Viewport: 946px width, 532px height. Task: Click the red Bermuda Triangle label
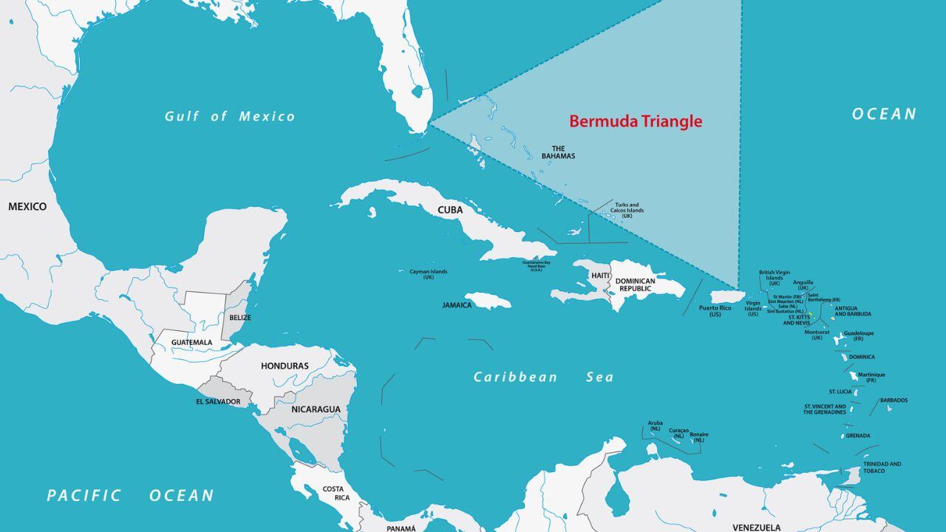635,121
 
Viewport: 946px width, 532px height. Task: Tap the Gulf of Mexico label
229,116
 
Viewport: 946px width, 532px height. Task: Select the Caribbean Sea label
543,377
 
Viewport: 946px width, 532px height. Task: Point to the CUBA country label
450,210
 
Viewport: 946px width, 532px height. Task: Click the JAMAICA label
457,305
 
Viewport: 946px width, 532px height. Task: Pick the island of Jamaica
489,300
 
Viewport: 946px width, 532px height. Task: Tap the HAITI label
600,276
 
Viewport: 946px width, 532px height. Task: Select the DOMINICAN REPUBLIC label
635,284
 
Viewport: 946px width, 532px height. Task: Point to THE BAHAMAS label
558,152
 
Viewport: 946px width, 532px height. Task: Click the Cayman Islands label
429,274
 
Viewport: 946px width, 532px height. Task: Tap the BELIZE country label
240,318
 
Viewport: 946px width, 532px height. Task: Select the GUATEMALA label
191,342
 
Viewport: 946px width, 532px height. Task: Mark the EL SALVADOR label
218,401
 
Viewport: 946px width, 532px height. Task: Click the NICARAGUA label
316,409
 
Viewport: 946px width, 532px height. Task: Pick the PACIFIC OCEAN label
130,495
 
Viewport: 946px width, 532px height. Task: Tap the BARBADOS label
894,400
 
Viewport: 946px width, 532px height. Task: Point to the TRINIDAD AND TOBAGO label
882,467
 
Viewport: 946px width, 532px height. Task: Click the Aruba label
656,426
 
